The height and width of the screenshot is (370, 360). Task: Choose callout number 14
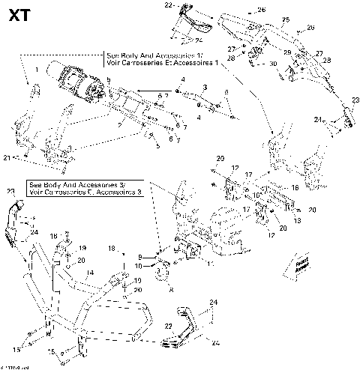click(x=89, y=273)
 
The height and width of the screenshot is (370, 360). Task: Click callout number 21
click(x=7, y=158)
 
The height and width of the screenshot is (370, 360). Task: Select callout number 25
click(x=285, y=18)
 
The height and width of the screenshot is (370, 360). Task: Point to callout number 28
click(x=231, y=58)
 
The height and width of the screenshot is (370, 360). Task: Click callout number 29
click(x=286, y=52)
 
